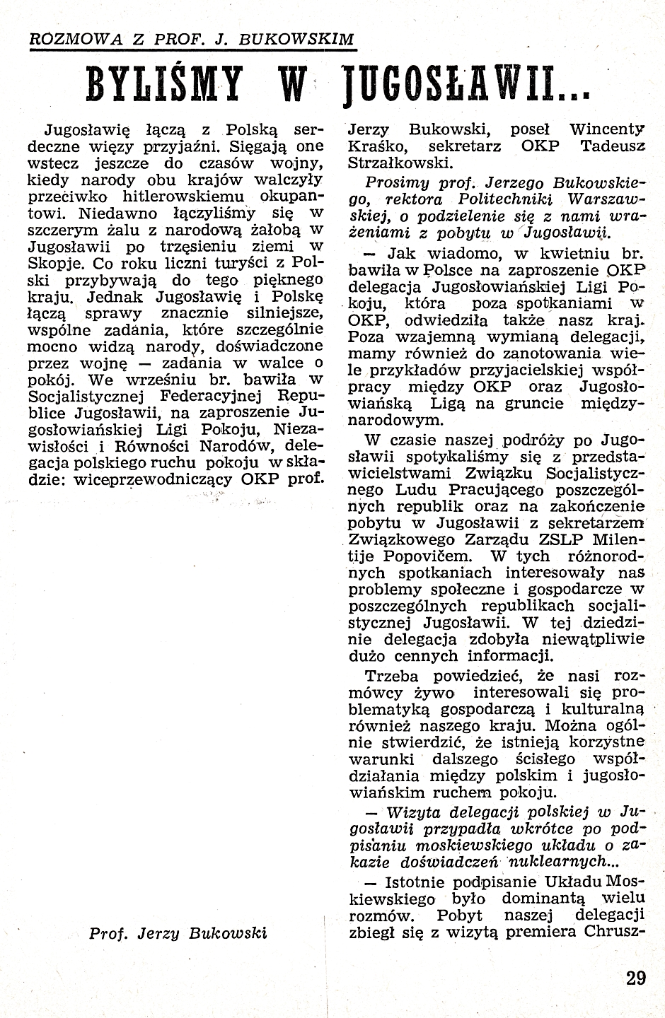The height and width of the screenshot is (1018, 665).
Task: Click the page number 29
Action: pyautogui.click(x=636, y=978)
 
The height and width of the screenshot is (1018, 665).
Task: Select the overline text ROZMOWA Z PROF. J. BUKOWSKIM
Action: pyautogui.click(x=190, y=40)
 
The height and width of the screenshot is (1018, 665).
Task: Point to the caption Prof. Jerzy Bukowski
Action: pyautogui.click(x=178, y=932)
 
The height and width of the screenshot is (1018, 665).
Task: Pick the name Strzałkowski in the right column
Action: pyautogui.click(x=397, y=163)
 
